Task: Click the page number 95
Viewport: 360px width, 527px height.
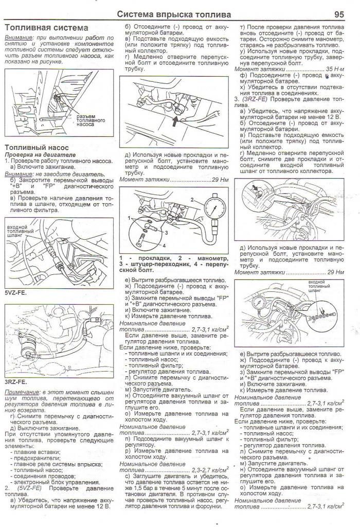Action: [x=339, y=14]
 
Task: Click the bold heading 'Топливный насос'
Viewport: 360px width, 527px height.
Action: [x=35, y=147]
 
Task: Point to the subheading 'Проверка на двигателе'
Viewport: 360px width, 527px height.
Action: [x=40, y=154]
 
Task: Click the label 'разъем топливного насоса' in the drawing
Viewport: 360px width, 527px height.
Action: [x=91, y=120]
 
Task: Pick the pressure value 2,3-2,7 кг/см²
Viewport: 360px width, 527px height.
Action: [x=210, y=470]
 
